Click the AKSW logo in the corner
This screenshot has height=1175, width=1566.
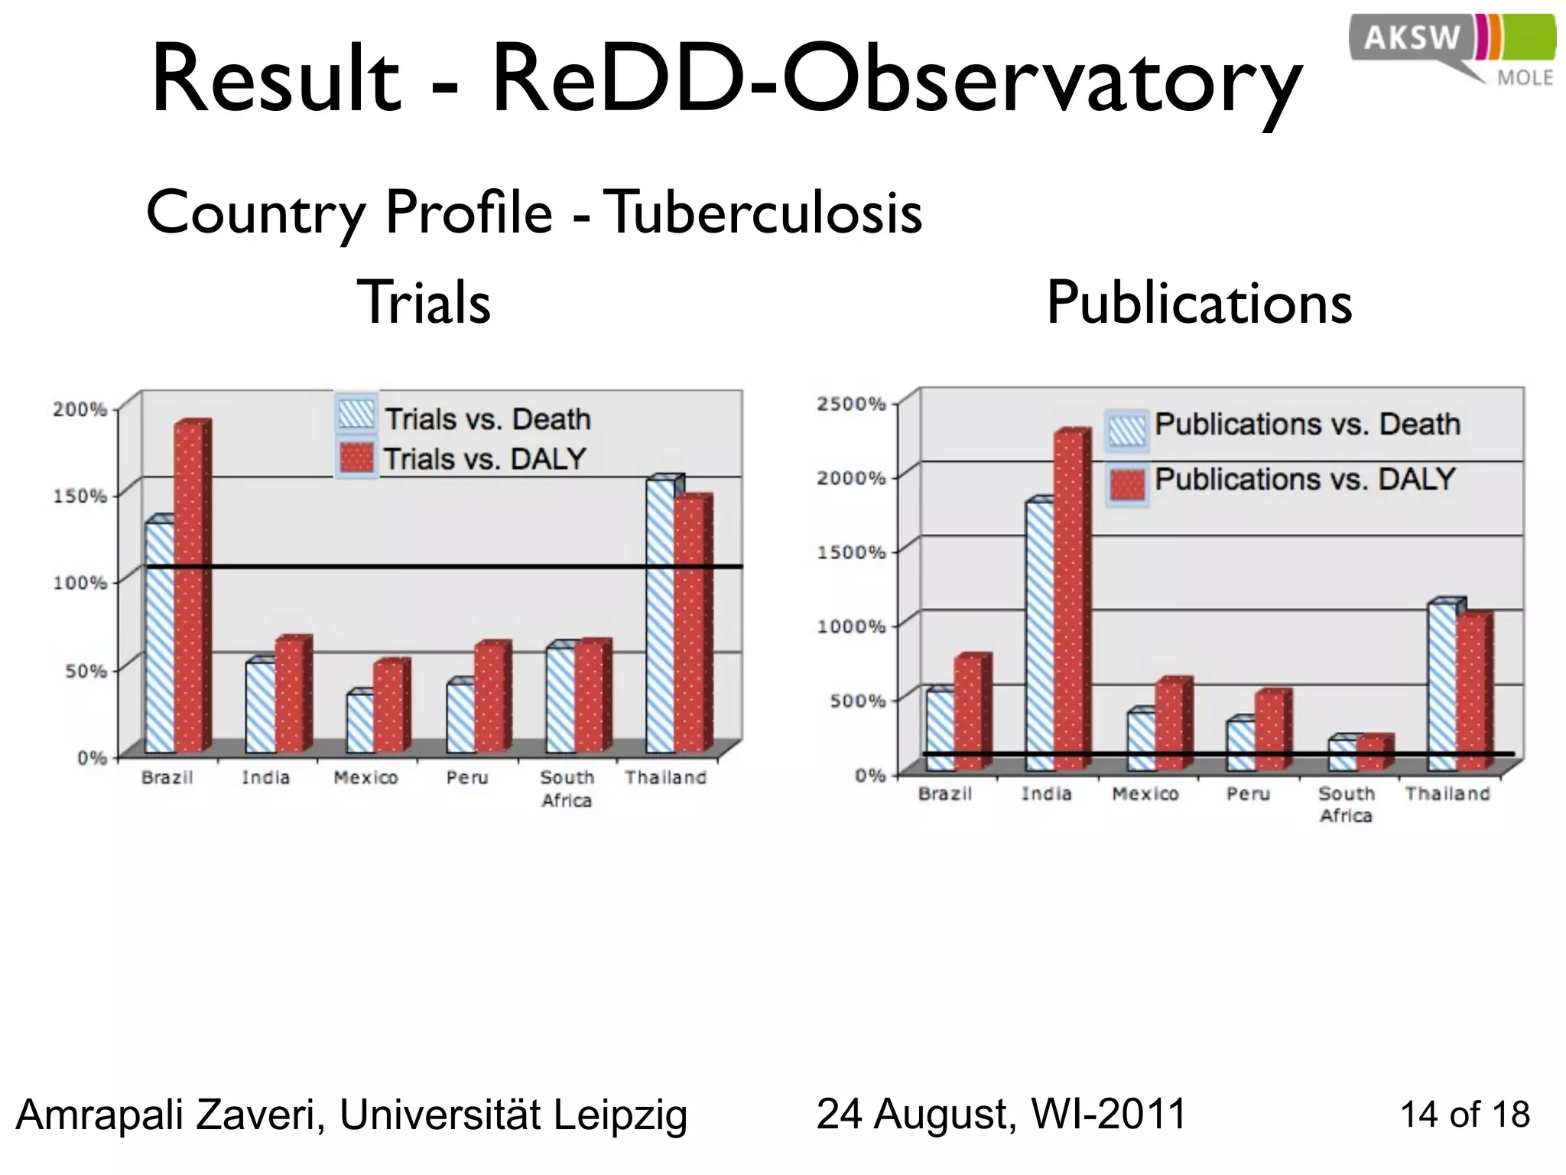(x=1451, y=48)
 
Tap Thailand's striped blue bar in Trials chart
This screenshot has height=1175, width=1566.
(x=661, y=616)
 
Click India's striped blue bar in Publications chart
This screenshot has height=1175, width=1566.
(x=1040, y=635)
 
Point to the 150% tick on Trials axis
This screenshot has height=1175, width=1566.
(x=80, y=496)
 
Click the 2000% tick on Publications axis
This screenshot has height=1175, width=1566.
(x=851, y=478)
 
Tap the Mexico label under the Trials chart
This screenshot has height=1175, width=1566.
(x=366, y=778)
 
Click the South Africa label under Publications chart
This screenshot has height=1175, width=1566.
(x=1346, y=805)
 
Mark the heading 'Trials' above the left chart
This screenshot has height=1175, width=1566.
(x=424, y=303)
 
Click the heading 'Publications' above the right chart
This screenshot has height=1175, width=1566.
(x=1199, y=303)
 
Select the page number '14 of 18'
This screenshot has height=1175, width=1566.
(x=1464, y=1115)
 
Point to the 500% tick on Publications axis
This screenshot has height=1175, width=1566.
(x=856, y=701)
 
